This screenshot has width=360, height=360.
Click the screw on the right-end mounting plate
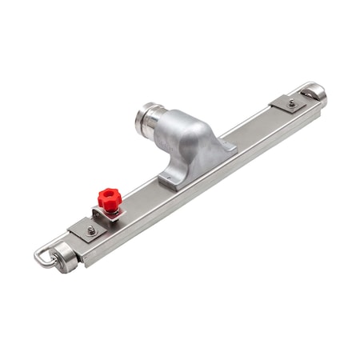point(291,102)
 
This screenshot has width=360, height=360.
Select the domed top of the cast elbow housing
point(188,128)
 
